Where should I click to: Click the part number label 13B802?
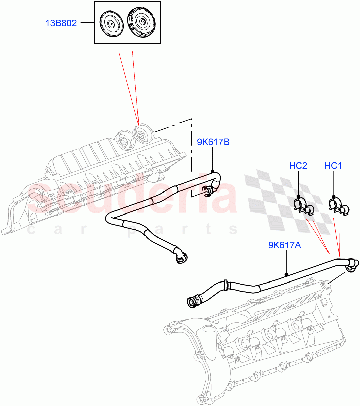(61, 23)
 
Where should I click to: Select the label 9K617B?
(213, 142)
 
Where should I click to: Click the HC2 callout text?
(298, 166)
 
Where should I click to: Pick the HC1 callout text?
(333, 166)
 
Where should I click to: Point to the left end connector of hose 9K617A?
(194, 301)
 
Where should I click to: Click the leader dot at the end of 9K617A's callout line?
(287, 274)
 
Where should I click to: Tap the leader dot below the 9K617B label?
(213, 171)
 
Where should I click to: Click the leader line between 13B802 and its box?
(87, 23)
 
